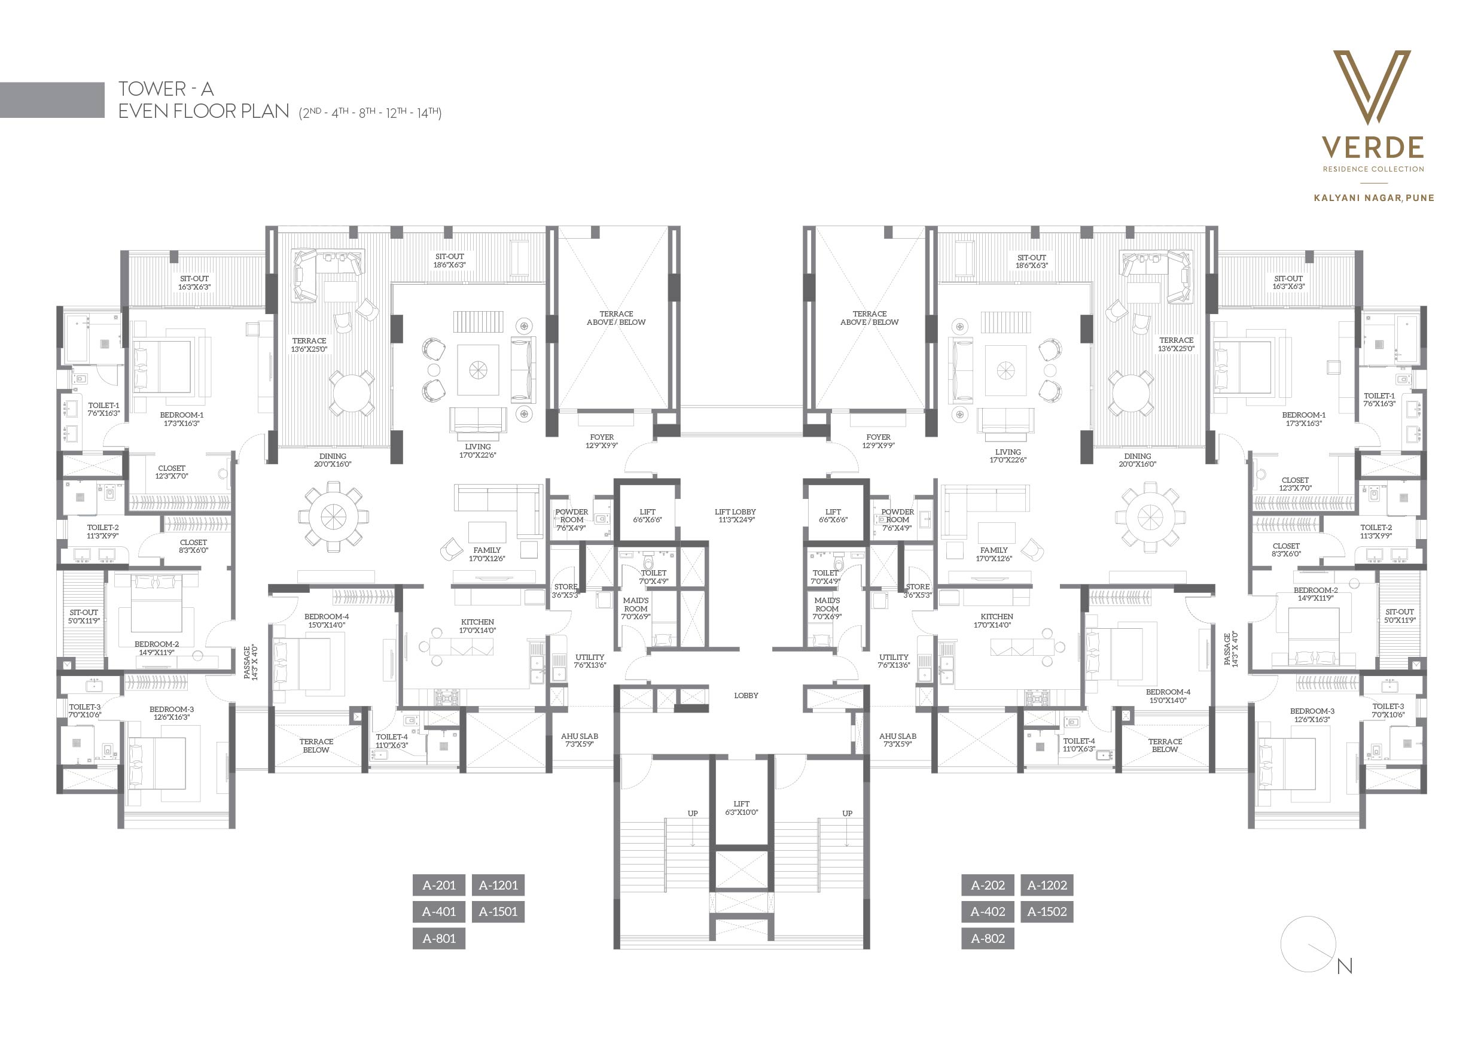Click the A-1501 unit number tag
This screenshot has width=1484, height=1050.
[x=498, y=912]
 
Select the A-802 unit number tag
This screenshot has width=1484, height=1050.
[x=988, y=938]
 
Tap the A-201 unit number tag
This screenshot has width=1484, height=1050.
[x=439, y=885]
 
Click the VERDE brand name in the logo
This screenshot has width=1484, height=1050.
[x=1373, y=147]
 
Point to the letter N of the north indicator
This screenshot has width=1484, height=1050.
[x=1345, y=966]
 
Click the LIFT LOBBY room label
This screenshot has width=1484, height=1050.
[x=736, y=515]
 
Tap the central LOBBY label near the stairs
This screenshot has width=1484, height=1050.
[x=746, y=695]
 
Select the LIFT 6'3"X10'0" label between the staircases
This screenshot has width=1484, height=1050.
[x=741, y=808]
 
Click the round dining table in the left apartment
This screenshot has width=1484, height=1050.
[x=334, y=516]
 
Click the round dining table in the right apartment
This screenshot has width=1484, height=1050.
[x=1150, y=516]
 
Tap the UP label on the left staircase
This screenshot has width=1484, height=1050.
[x=693, y=813]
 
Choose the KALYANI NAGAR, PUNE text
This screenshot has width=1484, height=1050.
[x=1374, y=198]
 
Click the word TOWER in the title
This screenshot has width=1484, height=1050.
[x=152, y=89]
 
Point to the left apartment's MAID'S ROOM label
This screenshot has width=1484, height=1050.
[x=635, y=608]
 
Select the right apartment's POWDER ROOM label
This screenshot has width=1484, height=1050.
[x=897, y=520]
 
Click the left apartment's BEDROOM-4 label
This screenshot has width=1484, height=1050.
[x=327, y=620]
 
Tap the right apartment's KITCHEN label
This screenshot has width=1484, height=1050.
[x=997, y=620]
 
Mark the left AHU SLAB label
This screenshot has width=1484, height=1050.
[x=580, y=739]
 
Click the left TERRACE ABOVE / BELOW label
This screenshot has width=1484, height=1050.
[x=616, y=318]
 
